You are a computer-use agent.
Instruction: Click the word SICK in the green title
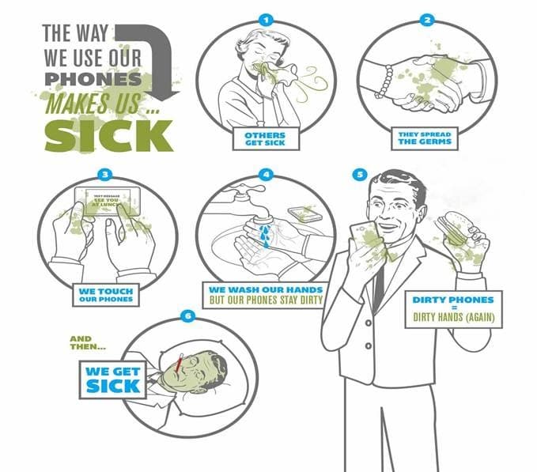(x=108, y=136)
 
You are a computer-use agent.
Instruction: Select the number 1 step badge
(x=266, y=19)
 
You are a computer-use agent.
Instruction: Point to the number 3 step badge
(x=106, y=174)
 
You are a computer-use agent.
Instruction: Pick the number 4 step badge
(x=267, y=174)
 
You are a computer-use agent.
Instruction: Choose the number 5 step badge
(x=360, y=174)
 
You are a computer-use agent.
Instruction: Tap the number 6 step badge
(x=187, y=316)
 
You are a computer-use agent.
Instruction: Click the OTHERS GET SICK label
(x=265, y=140)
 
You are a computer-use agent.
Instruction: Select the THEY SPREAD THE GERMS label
(x=425, y=140)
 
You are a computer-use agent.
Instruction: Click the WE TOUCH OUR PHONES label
(x=106, y=296)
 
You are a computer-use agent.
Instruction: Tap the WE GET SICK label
(x=112, y=379)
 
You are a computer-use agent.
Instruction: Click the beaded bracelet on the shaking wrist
(x=387, y=83)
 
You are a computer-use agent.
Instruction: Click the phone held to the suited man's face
(x=365, y=238)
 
